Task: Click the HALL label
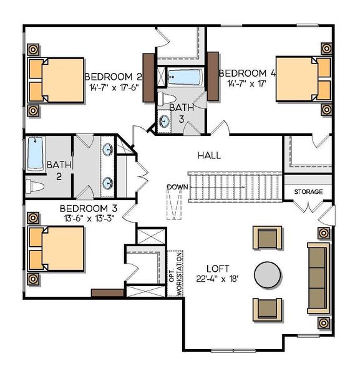(x=210, y=155)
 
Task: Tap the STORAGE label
(x=309, y=191)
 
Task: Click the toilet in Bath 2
(x=36, y=186)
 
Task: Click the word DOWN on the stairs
(x=177, y=186)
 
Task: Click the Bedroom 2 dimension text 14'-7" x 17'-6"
(x=114, y=88)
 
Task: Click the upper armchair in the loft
(x=266, y=237)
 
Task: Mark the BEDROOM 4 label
(x=246, y=72)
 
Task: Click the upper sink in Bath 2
(x=108, y=150)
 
